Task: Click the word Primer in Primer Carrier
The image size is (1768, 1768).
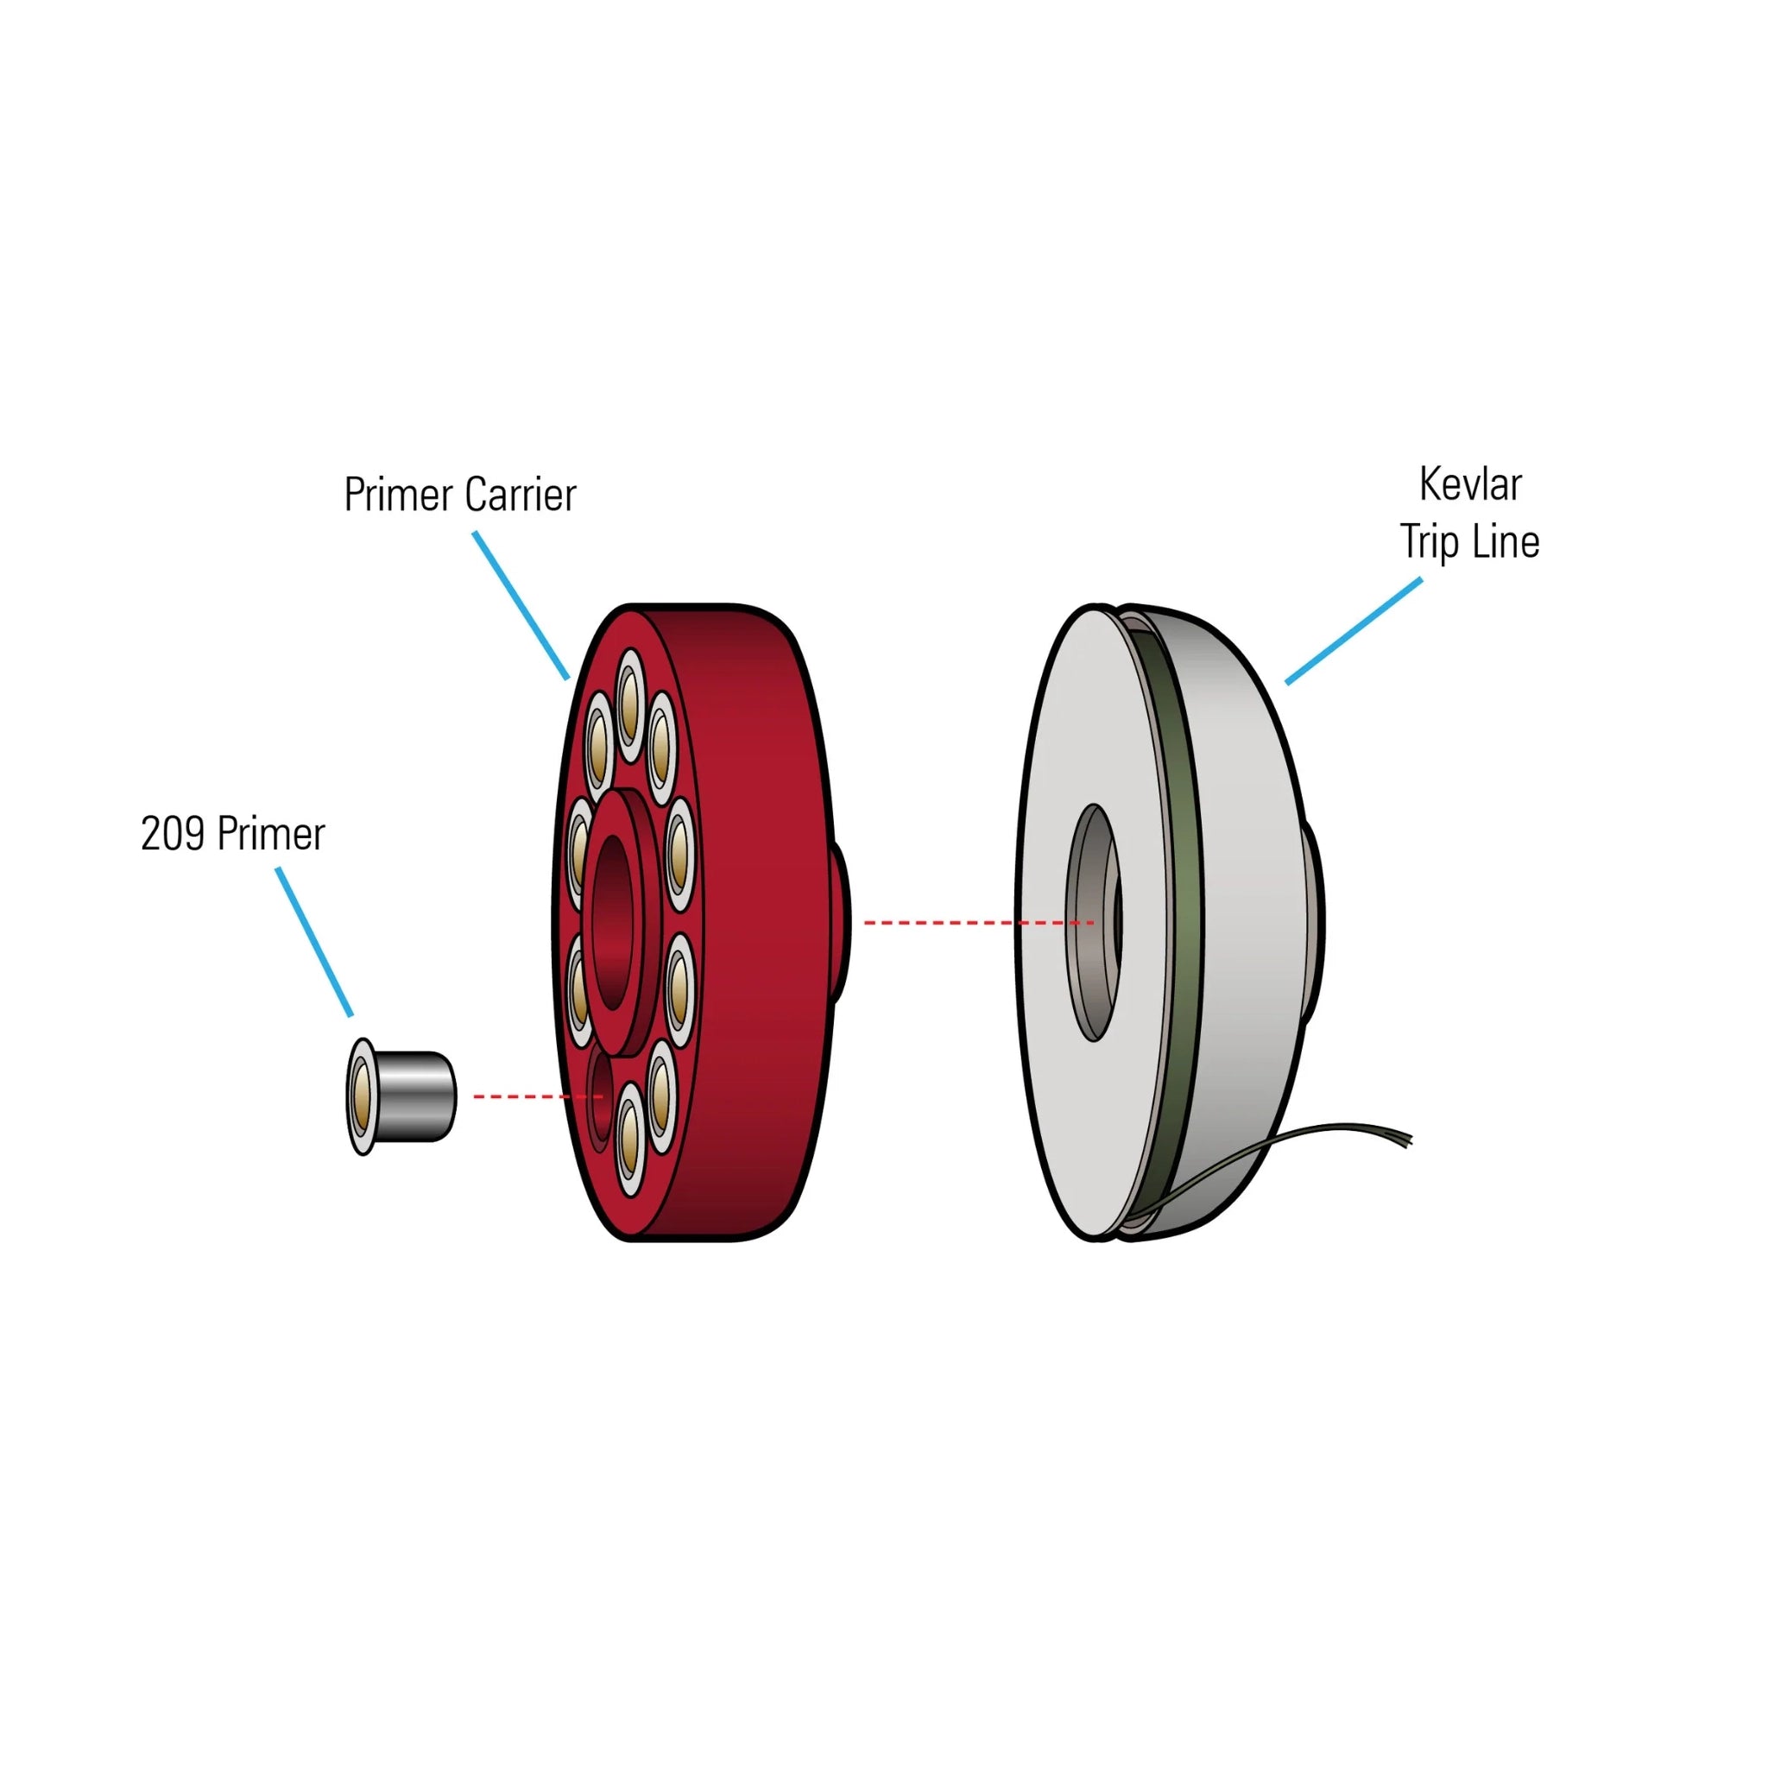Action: pos(400,495)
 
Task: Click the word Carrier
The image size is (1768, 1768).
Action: pos(520,495)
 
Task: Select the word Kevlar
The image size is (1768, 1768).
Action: pos(1469,484)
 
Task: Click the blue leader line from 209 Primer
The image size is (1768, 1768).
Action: pos(314,942)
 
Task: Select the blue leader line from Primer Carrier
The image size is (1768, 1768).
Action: pos(521,606)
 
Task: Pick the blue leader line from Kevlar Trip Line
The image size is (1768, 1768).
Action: pos(1354,630)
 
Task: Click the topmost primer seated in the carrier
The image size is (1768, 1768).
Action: pos(628,704)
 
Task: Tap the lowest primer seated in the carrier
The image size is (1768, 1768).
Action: pos(628,1140)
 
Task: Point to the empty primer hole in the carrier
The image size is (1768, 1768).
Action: pos(599,1097)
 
